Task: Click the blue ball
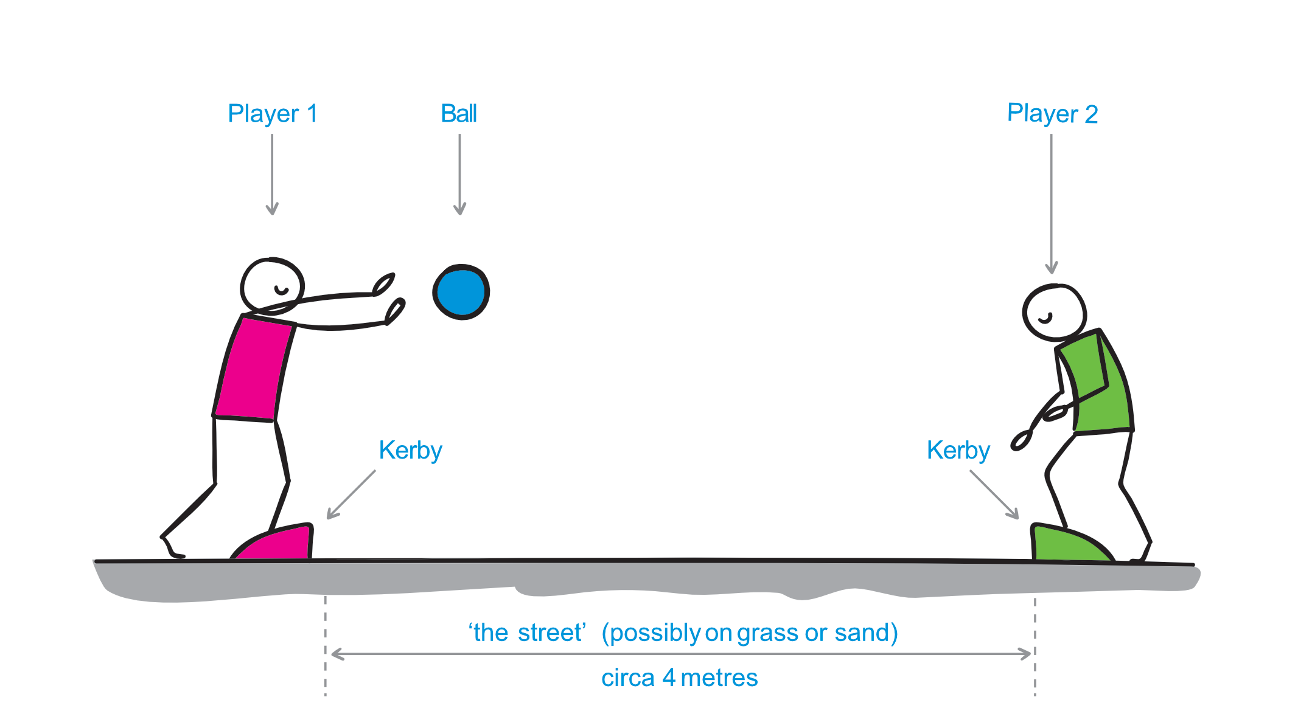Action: point(461,292)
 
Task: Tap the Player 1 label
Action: point(272,114)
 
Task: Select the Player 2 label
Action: point(1052,114)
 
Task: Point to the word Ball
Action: point(459,114)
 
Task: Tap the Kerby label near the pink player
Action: point(410,451)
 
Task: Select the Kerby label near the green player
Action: point(958,451)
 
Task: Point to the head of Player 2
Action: point(1054,313)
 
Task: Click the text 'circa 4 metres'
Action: point(679,678)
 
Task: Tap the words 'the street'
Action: point(527,633)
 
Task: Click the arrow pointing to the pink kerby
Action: point(351,494)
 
